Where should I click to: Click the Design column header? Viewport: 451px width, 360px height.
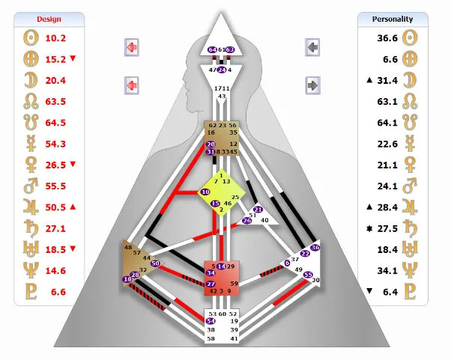click(50, 19)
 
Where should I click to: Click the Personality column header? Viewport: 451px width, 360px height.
click(396, 19)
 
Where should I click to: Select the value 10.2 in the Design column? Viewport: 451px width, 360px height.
click(56, 37)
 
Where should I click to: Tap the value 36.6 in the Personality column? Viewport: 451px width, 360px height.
click(387, 37)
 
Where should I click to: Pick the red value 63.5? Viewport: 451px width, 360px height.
click(56, 101)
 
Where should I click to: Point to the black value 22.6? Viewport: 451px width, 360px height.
click(387, 144)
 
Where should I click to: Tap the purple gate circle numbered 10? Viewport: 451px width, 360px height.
click(205, 192)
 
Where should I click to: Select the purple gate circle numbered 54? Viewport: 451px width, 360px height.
click(211, 321)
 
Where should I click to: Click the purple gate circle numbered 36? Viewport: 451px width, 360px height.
click(315, 247)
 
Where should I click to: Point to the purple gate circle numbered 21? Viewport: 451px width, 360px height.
click(258, 210)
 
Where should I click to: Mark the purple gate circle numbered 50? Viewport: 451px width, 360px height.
click(156, 263)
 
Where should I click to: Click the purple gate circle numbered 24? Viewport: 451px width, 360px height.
click(222, 70)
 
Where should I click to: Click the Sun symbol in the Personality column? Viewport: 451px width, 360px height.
click(410, 37)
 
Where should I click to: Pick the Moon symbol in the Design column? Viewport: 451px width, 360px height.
click(32, 79)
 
